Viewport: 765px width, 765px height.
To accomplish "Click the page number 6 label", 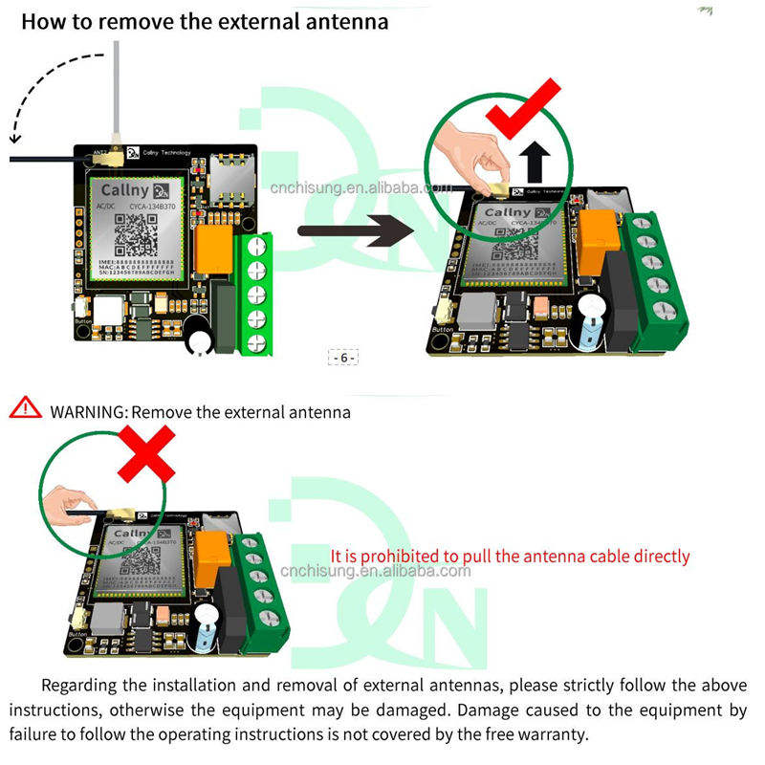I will [344, 358].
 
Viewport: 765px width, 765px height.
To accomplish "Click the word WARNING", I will [88, 412].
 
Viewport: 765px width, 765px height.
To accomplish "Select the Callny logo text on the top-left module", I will [122, 188].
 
